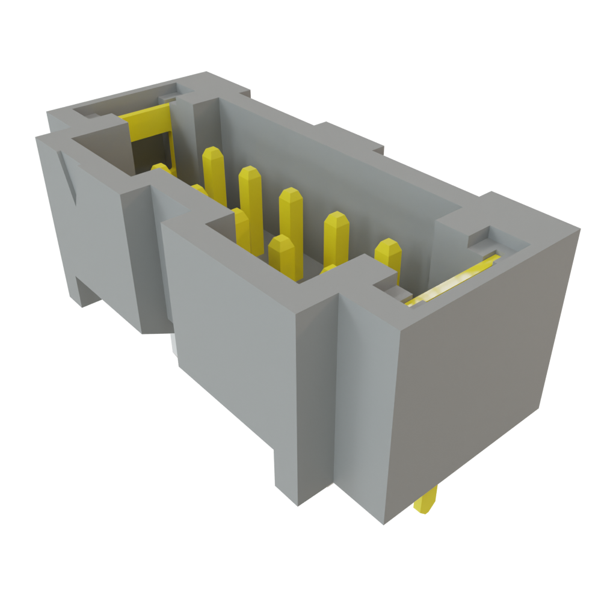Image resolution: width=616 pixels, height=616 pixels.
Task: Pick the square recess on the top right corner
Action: coord(481,238)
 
